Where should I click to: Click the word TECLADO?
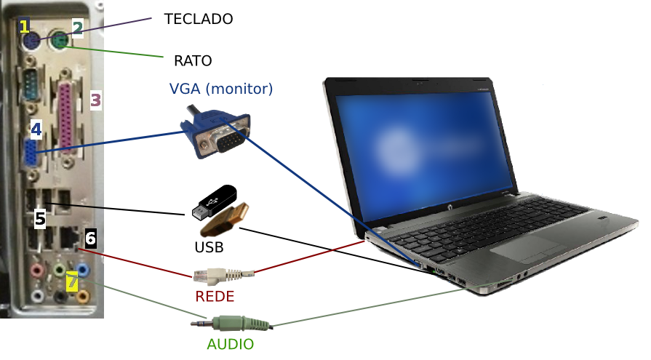click(x=199, y=20)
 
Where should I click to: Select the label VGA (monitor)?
click(x=220, y=89)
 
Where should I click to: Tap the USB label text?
click(x=209, y=247)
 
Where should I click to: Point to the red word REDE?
click(x=215, y=297)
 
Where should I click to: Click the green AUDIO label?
click(x=230, y=343)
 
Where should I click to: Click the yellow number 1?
click(x=25, y=27)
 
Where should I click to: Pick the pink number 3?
click(x=96, y=100)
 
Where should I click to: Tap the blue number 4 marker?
click(x=36, y=129)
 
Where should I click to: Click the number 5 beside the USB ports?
click(x=41, y=217)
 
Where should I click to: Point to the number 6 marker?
click(x=90, y=237)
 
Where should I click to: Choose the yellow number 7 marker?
click(x=71, y=281)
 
